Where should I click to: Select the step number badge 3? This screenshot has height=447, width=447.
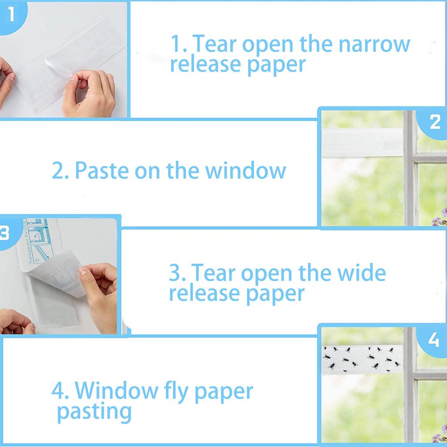[x=4, y=233]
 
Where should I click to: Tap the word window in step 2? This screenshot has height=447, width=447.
[x=246, y=170]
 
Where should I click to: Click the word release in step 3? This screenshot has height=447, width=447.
[x=204, y=293]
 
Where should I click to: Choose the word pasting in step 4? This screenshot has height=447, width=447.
[x=94, y=411]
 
